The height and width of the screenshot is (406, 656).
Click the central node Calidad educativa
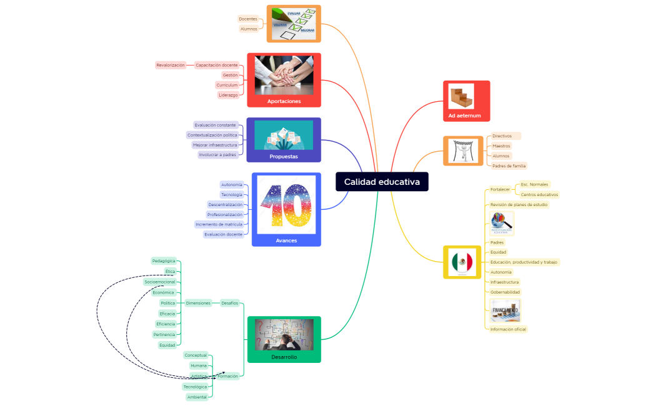tap(382, 182)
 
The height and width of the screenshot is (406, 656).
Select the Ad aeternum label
tap(466, 116)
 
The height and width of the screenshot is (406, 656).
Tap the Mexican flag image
tap(462, 262)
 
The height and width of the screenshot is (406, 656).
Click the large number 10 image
tap(286, 205)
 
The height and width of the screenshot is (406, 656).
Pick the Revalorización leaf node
tap(171, 65)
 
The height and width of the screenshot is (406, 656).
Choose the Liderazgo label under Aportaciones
tap(228, 95)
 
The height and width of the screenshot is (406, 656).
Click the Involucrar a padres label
tap(217, 154)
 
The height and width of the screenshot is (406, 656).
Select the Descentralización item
tap(225, 204)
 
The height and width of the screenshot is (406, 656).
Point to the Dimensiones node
tap(198, 303)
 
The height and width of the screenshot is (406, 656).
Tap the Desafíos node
tap(229, 303)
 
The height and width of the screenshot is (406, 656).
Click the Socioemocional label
tap(160, 282)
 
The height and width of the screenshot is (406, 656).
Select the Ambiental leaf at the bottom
tap(197, 397)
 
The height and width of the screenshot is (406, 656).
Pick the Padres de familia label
tap(509, 166)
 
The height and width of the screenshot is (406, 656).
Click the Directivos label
tap(502, 136)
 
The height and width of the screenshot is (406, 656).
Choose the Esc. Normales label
tap(534, 184)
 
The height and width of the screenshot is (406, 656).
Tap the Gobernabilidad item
tap(505, 292)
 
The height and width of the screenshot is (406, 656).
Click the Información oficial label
tap(508, 329)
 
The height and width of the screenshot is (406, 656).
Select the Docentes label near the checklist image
tap(248, 19)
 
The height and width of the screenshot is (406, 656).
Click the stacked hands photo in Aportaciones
tap(284, 75)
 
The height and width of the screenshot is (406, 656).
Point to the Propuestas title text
tap(284, 157)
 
